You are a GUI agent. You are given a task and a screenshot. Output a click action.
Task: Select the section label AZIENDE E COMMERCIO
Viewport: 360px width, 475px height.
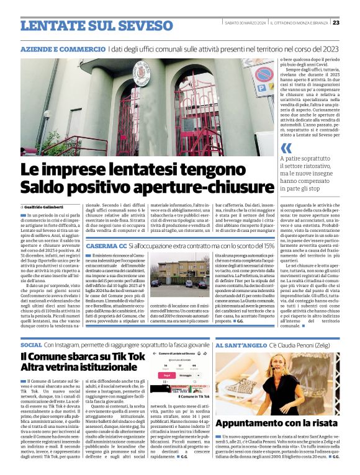pos(62,48)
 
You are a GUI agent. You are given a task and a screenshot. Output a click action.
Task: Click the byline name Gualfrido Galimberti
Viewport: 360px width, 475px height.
pos(47,206)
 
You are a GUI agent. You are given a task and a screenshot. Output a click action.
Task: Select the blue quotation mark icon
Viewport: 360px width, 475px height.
pos(286,148)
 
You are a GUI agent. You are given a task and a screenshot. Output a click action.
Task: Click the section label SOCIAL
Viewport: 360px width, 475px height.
pos(31,344)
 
